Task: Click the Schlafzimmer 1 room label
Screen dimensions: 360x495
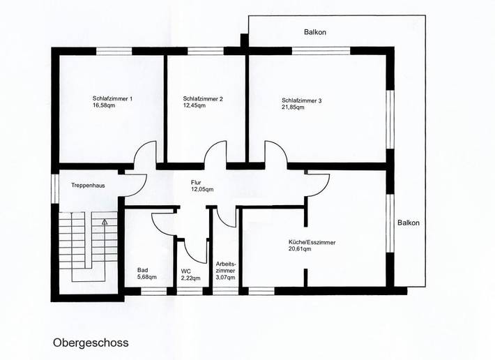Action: click(112, 98)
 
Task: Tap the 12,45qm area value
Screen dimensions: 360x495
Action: click(197, 107)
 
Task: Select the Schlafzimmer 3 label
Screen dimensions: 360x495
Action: click(302, 100)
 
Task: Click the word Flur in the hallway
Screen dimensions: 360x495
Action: click(197, 181)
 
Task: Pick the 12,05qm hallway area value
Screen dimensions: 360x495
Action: click(202, 189)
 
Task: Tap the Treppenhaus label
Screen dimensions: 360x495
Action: click(89, 186)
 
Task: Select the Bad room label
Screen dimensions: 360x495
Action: click(143, 269)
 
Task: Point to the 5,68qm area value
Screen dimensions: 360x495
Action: click(147, 277)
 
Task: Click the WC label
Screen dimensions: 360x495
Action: click(186, 271)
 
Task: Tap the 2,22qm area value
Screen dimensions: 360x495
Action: click(190, 278)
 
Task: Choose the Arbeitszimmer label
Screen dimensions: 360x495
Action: click(226, 267)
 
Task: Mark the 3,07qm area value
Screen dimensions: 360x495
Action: click(226, 278)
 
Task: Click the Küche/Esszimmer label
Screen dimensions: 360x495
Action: click(312, 242)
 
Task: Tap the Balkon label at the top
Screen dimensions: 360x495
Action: click(315, 32)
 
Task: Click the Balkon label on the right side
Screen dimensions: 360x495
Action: click(409, 223)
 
